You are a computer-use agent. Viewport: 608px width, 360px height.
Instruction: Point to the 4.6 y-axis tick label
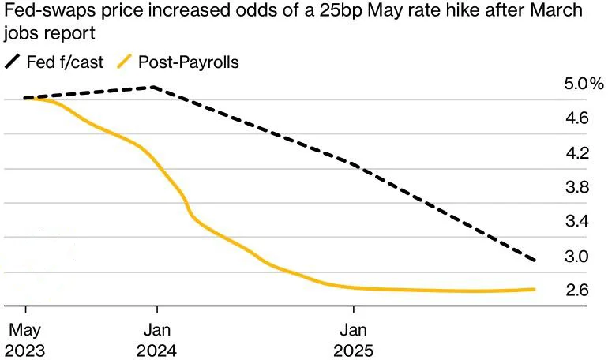(x=577, y=118)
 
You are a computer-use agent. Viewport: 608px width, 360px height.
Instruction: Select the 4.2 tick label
(x=577, y=153)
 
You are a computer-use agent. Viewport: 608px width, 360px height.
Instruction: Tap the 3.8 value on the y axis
(x=577, y=187)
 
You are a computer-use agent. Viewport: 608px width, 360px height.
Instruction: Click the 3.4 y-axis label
(x=577, y=222)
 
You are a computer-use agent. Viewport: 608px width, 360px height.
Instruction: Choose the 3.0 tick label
(x=577, y=257)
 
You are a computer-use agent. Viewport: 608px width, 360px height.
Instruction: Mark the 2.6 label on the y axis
(x=577, y=291)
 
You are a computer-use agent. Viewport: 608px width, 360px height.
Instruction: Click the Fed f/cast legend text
(x=65, y=62)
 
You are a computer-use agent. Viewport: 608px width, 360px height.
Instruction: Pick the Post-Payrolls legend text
(x=188, y=62)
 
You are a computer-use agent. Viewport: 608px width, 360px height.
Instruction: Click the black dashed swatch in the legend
(x=13, y=62)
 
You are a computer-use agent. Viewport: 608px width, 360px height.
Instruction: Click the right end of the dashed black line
(x=536, y=260)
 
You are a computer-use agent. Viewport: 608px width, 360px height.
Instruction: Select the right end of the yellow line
(x=535, y=289)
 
